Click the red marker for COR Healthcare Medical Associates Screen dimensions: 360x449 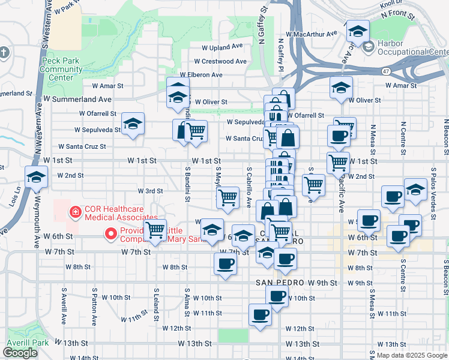(x=76, y=211)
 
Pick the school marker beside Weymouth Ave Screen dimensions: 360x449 (x=36, y=177)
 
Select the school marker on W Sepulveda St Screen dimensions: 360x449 (x=133, y=124)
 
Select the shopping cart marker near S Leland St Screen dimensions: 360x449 (x=155, y=229)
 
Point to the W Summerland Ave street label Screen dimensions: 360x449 (x=77, y=99)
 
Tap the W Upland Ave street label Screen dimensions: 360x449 (x=222, y=46)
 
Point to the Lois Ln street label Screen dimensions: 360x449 (x=13, y=197)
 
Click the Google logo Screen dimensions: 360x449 (x=20, y=353)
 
